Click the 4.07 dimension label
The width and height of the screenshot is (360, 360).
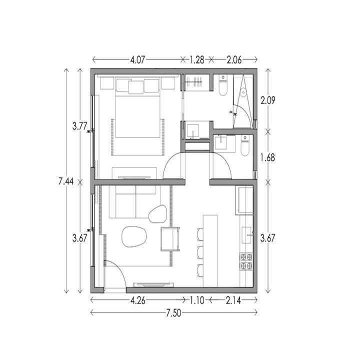(x=138, y=60)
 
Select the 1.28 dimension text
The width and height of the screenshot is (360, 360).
(x=197, y=60)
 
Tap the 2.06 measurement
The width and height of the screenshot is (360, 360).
(x=234, y=60)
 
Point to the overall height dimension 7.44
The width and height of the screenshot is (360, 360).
(x=66, y=181)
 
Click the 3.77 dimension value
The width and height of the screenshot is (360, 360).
(x=80, y=126)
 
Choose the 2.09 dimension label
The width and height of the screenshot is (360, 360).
(x=267, y=100)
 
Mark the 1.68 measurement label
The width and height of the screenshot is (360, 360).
(x=267, y=157)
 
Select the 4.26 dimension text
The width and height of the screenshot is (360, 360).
(x=138, y=300)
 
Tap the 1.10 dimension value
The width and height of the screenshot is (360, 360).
(x=197, y=300)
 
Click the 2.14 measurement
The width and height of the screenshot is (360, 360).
(x=233, y=300)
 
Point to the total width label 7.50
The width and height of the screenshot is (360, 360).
(x=173, y=313)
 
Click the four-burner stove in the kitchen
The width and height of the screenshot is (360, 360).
(x=246, y=261)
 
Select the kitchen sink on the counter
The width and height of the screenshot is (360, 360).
(x=247, y=235)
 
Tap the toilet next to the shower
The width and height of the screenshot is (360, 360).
(x=222, y=85)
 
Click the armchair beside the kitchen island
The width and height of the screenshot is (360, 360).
(x=170, y=239)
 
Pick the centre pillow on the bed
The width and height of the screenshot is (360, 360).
(x=136, y=87)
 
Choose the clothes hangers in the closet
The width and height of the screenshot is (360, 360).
(x=194, y=82)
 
